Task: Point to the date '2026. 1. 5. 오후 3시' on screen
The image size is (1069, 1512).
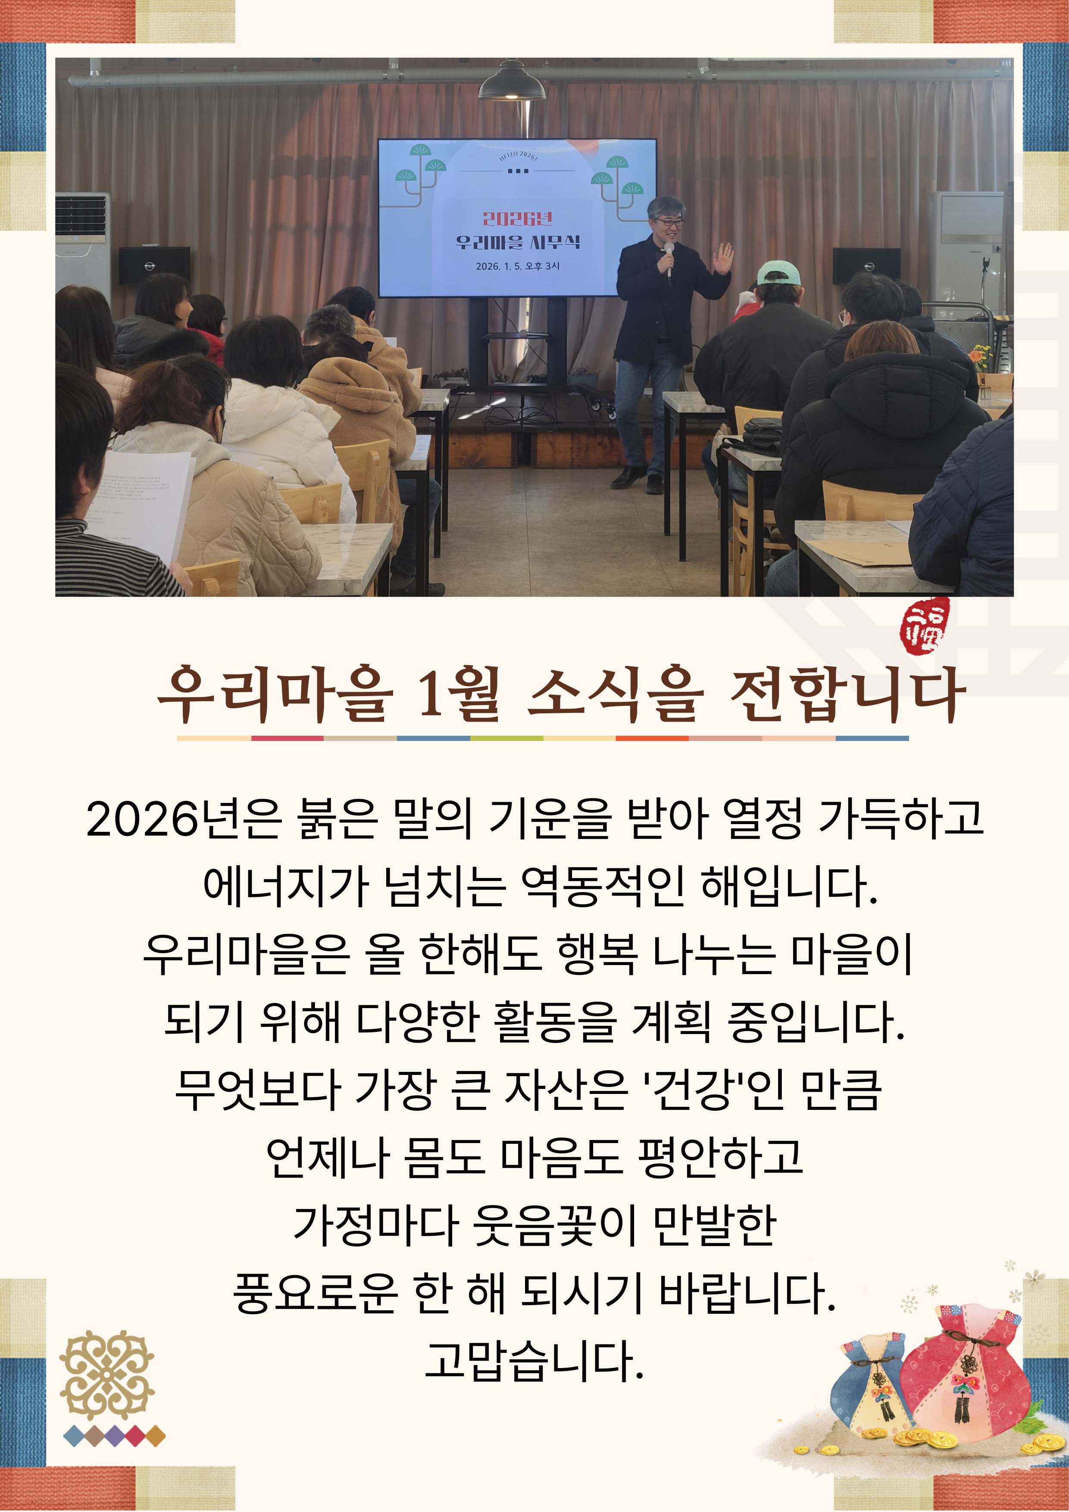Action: tap(517, 266)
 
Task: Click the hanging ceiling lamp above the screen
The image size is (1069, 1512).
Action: tap(511, 81)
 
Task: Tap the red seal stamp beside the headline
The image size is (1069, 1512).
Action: tap(925, 625)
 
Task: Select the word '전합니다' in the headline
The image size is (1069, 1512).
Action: tap(847, 694)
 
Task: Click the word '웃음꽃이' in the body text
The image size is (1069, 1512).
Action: tap(555, 1225)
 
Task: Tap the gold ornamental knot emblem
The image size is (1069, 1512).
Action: tap(107, 1375)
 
